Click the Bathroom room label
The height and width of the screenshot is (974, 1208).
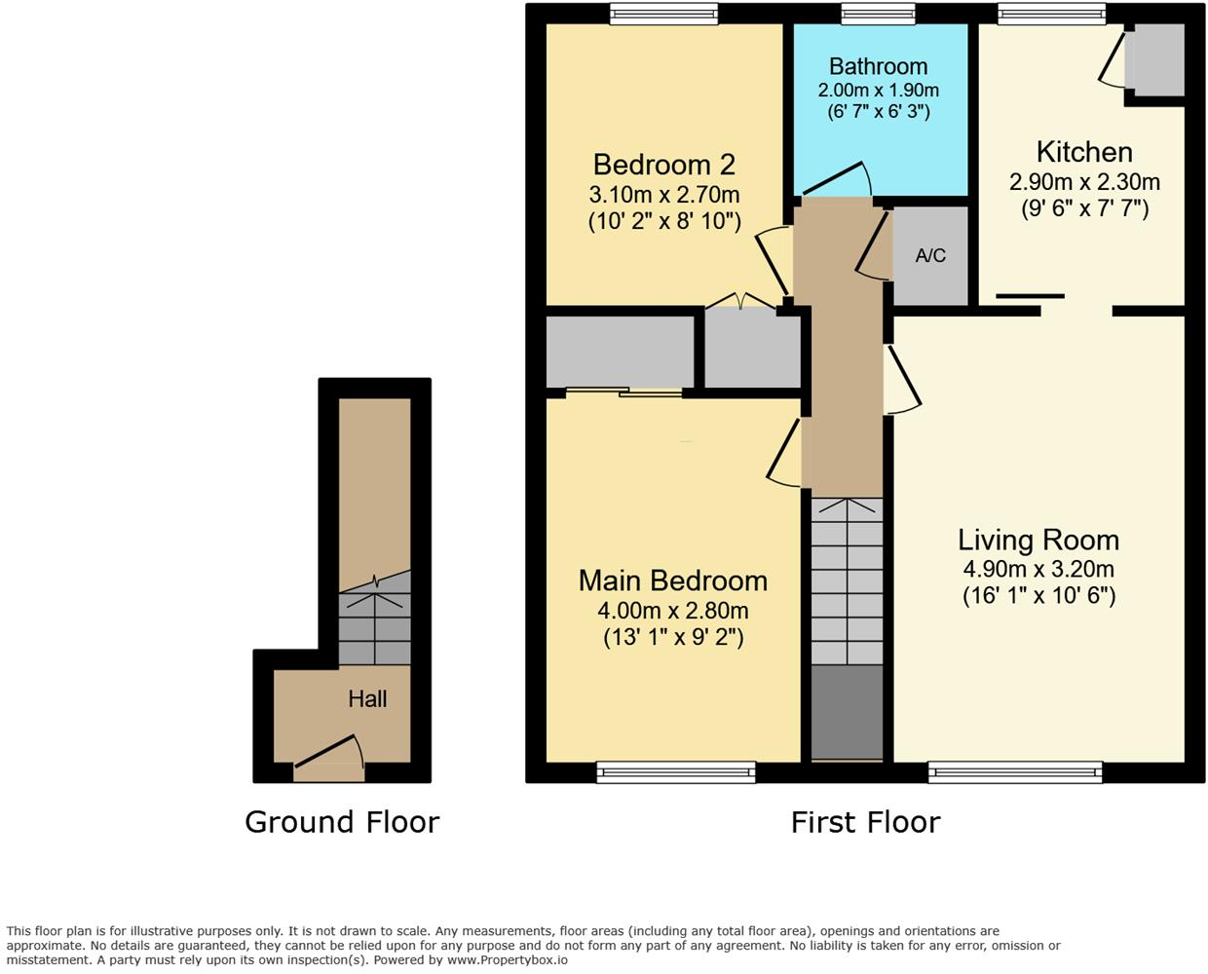[878, 66]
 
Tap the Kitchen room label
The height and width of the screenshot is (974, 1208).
[1084, 152]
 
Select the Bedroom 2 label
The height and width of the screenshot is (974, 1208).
[663, 165]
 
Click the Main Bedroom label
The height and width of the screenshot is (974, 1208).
[672, 581]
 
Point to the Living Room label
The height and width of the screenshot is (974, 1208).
[1038, 540]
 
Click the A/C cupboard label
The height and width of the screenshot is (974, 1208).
[930, 255]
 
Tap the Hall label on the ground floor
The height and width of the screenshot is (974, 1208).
[367, 698]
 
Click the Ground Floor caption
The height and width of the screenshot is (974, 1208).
[342, 822]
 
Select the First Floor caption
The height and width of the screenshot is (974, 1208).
[865, 822]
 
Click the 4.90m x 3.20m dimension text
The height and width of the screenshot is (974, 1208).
[1038, 569]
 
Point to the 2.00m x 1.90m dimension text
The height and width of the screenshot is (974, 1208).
[878, 91]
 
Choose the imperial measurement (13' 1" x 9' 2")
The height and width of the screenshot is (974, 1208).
[672, 638]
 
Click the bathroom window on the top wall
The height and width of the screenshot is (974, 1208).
[878, 13]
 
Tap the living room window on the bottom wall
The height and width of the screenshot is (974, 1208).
[1015, 772]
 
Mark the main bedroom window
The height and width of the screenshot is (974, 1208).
[676, 772]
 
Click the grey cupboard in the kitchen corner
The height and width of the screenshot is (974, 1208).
[1154, 60]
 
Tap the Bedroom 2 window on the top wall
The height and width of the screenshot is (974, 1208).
[663, 13]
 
